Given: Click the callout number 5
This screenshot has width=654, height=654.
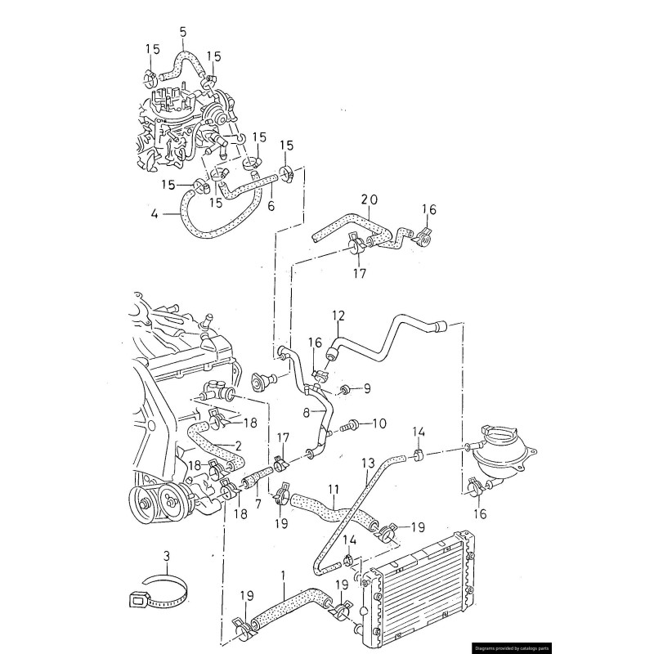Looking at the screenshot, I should (183, 32).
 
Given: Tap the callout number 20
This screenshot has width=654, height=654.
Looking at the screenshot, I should (370, 199).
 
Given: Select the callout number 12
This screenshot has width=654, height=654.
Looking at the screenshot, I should (338, 315).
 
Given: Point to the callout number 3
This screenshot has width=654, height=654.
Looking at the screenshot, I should (167, 558).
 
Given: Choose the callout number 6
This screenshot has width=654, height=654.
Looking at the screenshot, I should (271, 206).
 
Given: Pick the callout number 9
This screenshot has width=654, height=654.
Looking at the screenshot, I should (367, 388).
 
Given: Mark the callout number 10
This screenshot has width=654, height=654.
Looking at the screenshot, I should (379, 424).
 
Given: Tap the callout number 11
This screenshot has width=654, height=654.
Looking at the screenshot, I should (333, 490).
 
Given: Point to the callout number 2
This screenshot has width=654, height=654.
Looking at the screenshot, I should (238, 446).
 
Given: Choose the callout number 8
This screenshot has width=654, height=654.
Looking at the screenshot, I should (307, 414).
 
